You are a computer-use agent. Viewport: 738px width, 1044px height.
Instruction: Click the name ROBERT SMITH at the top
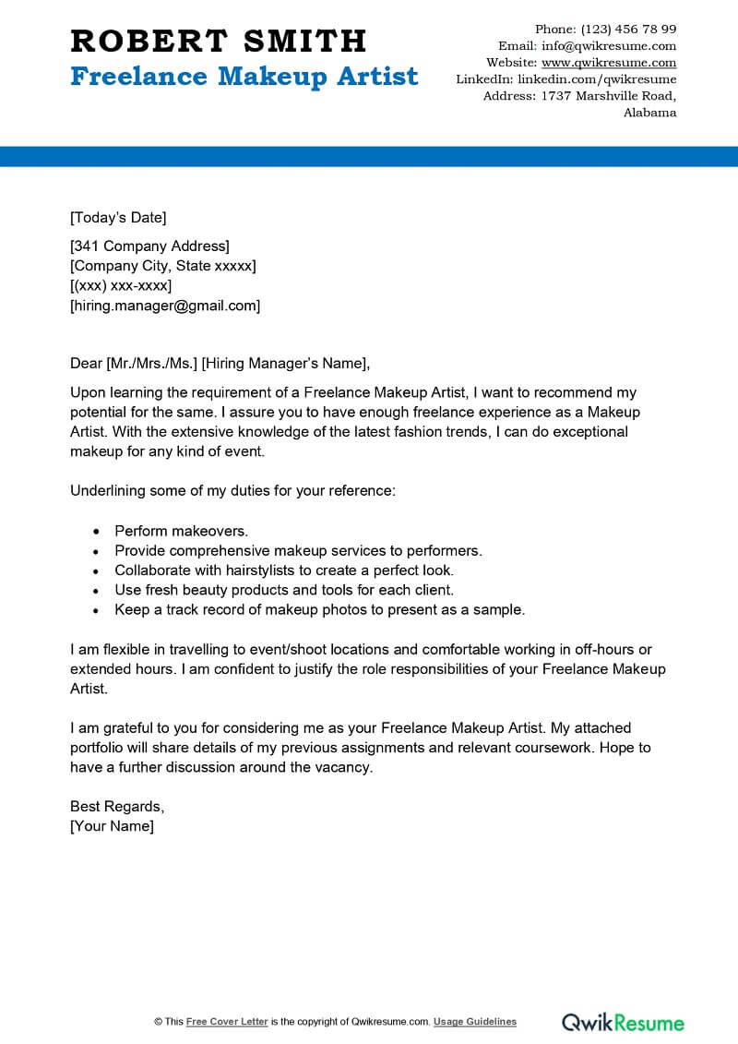(x=219, y=41)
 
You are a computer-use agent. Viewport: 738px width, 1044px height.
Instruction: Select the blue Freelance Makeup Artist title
(x=244, y=76)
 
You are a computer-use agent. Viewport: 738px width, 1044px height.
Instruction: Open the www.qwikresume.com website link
(x=609, y=63)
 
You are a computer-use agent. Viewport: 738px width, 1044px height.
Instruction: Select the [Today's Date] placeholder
(x=118, y=218)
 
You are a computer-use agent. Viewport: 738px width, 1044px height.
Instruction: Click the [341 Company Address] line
(x=149, y=246)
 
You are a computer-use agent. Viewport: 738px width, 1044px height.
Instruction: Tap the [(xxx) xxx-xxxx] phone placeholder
(x=121, y=286)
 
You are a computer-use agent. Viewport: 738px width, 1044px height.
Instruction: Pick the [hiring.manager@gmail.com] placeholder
(x=165, y=306)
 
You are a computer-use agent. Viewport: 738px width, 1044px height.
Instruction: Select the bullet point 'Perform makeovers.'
(x=182, y=531)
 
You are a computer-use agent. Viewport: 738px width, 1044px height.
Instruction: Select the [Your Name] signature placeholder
(x=112, y=826)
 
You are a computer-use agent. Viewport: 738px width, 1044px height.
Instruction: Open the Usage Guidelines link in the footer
(x=475, y=1022)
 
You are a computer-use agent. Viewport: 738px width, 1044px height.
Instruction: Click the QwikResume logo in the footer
(x=623, y=1022)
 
